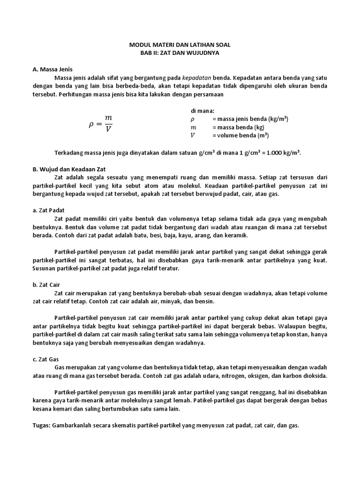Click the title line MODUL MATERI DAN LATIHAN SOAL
point(180,45)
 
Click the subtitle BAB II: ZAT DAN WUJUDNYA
point(180,53)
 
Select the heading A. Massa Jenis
point(53,69)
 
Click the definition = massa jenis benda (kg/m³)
point(250,119)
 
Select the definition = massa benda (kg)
point(239,127)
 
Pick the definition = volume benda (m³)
point(240,136)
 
